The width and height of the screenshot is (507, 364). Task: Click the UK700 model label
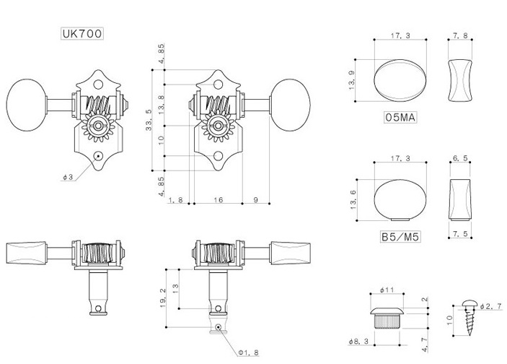(x=82, y=33)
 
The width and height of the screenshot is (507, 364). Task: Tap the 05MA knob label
(x=400, y=117)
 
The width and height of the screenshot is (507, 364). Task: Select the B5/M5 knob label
(x=400, y=237)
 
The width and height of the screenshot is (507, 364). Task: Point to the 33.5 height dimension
(x=149, y=120)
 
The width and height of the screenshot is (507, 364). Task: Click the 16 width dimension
(x=219, y=200)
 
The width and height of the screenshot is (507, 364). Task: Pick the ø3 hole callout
(x=68, y=177)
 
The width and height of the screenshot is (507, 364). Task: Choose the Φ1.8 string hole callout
(x=248, y=352)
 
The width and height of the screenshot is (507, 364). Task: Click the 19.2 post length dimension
(x=163, y=298)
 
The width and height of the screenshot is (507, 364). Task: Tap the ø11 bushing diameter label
(x=387, y=290)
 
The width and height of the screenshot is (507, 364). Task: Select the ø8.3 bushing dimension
(x=358, y=342)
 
